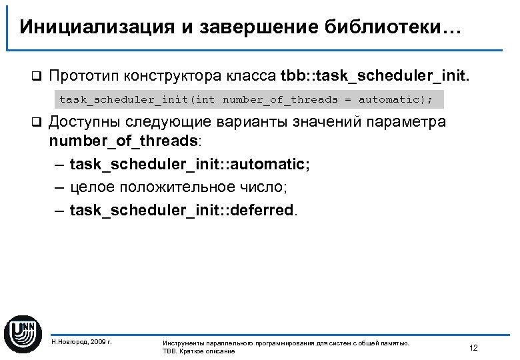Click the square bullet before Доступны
pyautogui.click(x=37, y=123)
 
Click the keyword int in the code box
pyautogui.click(x=206, y=100)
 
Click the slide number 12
pyautogui.click(x=473, y=347)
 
